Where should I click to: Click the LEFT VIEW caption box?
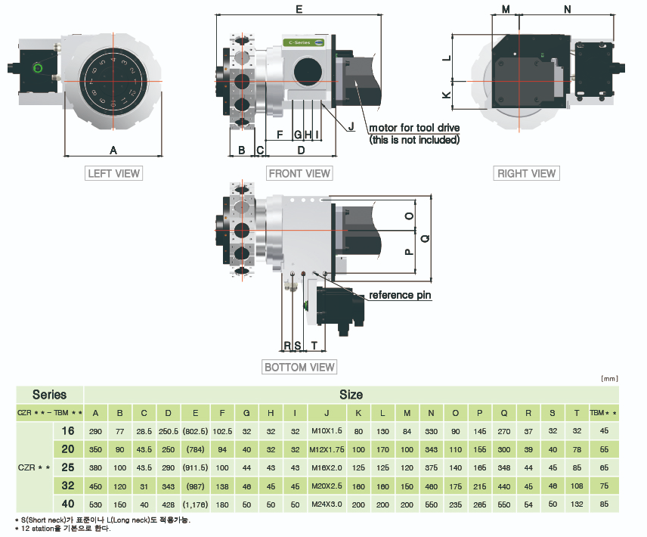(114, 173)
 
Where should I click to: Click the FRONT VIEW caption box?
(300, 173)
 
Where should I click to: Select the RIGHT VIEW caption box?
(526, 173)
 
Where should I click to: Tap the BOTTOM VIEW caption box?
(299, 367)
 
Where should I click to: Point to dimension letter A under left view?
(113, 149)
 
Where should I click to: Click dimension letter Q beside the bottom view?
(425, 238)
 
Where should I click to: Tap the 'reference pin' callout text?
(400, 295)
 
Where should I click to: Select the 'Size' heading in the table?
(351, 394)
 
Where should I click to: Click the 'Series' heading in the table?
(49, 394)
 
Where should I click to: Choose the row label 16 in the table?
(67, 430)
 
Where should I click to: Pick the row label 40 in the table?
(67, 504)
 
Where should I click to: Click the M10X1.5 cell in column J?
(327, 430)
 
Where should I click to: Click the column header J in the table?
(327, 412)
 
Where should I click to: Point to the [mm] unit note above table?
(609, 377)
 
